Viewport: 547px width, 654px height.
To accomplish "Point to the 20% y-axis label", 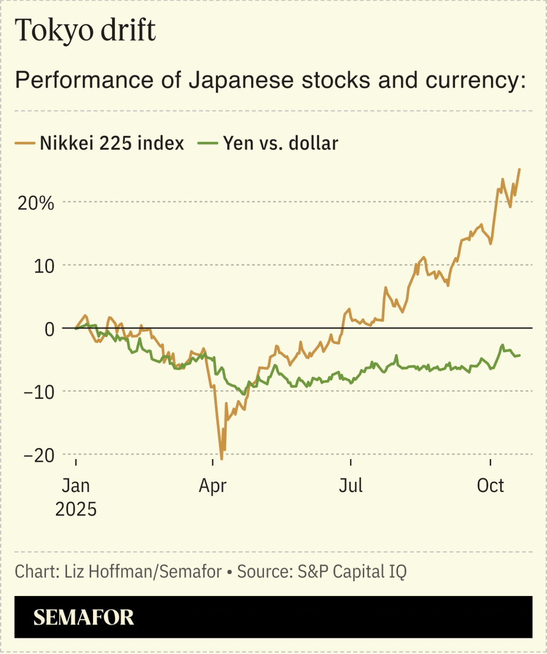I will (36, 203).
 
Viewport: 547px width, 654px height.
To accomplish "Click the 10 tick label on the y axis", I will (44, 266).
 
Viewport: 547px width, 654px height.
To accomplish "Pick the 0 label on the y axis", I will (49, 329).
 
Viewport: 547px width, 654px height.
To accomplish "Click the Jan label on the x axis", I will (76, 485).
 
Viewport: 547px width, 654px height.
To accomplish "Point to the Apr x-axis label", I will (212, 485).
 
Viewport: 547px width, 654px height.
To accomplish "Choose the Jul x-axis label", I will (350, 485).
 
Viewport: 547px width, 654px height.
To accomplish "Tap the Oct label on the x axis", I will (490, 485).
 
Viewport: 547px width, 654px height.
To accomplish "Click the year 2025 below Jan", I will (76, 509).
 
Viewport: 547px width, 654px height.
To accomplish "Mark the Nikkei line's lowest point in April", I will (222, 459).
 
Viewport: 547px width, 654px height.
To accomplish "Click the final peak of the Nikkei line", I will (519, 169).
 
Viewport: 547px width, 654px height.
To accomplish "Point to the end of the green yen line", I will (520, 355).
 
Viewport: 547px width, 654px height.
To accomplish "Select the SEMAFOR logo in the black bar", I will (84, 617).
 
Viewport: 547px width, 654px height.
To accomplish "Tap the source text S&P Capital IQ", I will (352, 571).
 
